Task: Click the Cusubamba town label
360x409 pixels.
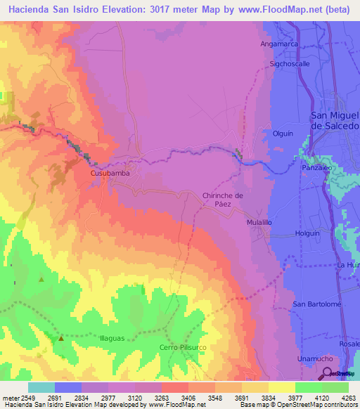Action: (x=109, y=172)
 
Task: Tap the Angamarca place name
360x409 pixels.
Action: (x=279, y=44)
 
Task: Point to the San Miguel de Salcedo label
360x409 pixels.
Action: (x=335, y=120)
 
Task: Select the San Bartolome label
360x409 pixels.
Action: (x=317, y=304)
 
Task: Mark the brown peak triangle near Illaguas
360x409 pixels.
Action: (x=60, y=339)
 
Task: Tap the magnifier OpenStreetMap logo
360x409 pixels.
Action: (x=328, y=372)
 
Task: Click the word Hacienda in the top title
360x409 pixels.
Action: (x=31, y=10)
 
